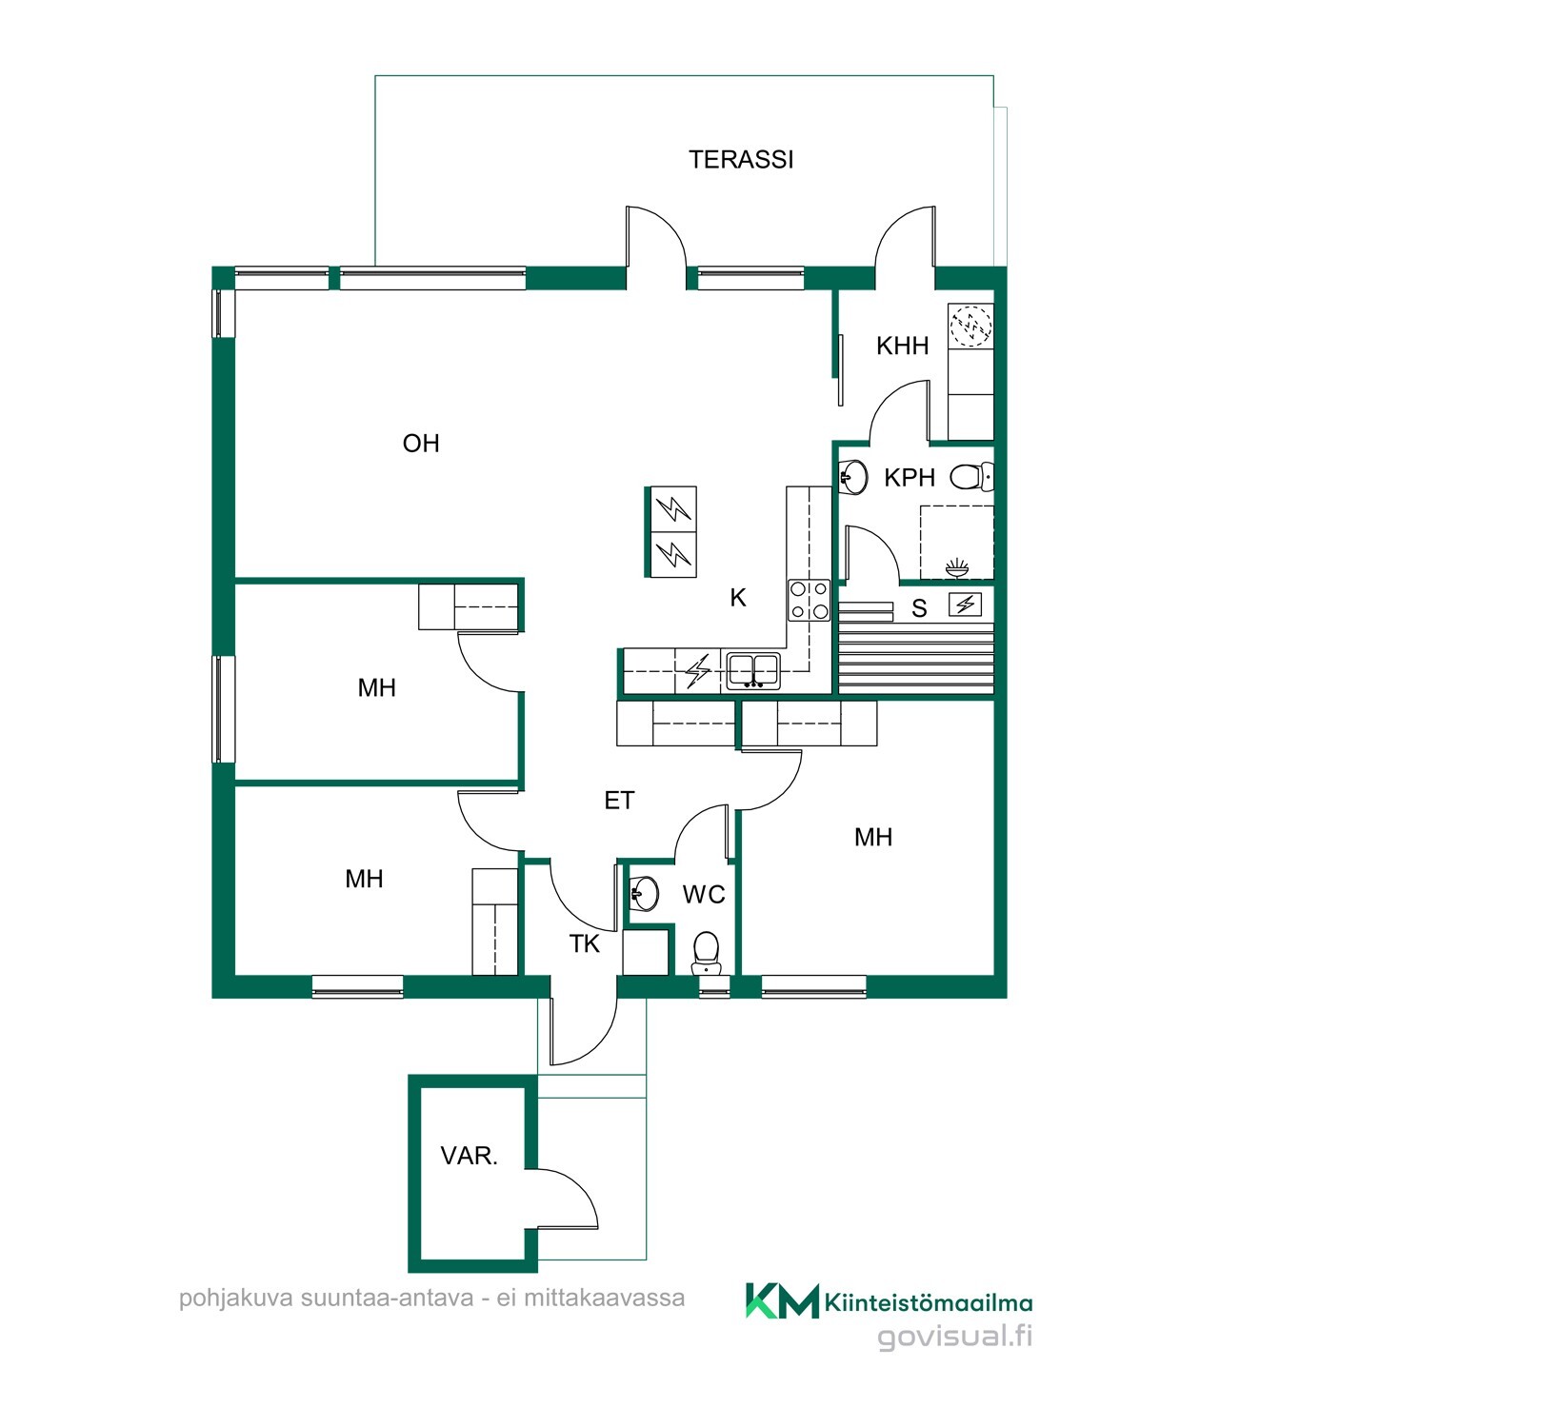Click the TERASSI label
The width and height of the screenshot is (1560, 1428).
(741, 159)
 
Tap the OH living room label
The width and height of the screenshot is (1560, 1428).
(421, 443)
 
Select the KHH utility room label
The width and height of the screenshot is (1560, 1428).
(902, 346)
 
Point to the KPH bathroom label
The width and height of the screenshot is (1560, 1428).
(910, 477)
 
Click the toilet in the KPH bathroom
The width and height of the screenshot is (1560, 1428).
(972, 476)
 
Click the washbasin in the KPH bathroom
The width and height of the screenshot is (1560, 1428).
(853, 477)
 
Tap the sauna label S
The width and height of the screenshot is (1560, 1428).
(919, 608)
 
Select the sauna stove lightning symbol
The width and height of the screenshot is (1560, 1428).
(965, 604)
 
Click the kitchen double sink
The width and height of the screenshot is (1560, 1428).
(753, 670)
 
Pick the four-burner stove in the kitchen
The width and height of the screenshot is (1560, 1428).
(809, 600)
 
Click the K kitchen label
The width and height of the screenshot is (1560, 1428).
(738, 598)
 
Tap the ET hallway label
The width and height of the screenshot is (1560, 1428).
(619, 801)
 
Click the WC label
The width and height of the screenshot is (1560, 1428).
(704, 894)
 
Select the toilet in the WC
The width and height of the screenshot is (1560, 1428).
(706, 953)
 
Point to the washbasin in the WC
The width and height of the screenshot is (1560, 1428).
(645, 893)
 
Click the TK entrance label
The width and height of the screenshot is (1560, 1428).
(585, 943)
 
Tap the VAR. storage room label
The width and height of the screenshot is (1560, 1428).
(470, 1156)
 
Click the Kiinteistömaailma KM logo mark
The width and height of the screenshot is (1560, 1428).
(782, 1300)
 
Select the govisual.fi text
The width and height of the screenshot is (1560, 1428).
(954, 1337)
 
